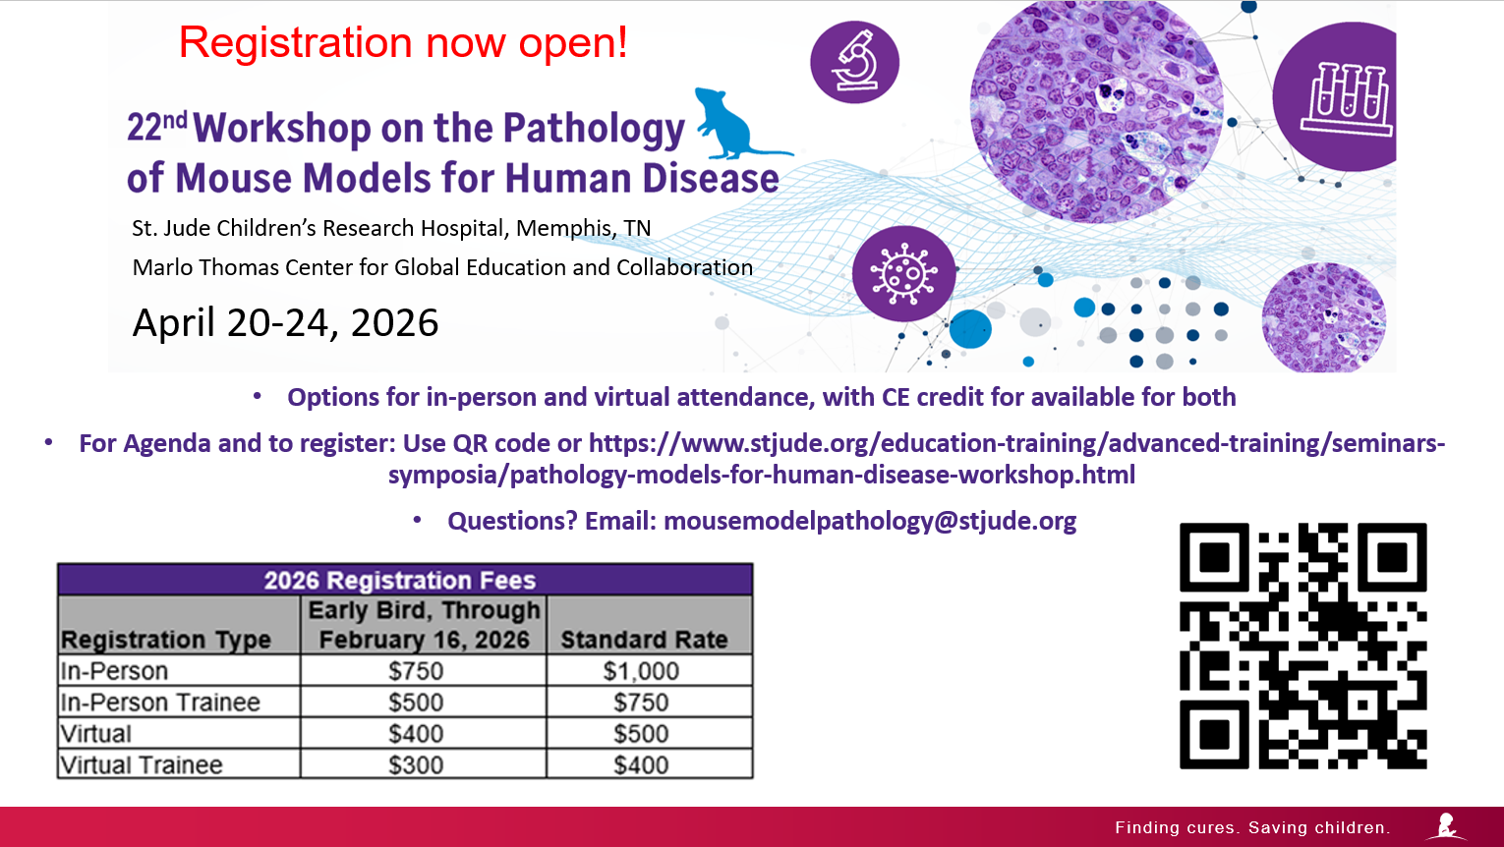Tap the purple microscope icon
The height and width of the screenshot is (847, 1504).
pyautogui.click(x=855, y=62)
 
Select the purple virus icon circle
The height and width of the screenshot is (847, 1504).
pyautogui.click(x=903, y=274)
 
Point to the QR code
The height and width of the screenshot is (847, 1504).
pyautogui.click(x=1303, y=646)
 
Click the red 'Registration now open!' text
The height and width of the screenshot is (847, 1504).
pyautogui.click(x=403, y=42)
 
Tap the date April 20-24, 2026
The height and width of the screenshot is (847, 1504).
pyautogui.click(x=285, y=323)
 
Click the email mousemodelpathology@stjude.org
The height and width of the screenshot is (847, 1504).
pyautogui.click(x=870, y=521)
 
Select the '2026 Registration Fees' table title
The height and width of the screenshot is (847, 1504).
pyautogui.click(x=400, y=580)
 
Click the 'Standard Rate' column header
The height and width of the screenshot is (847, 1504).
pyautogui.click(x=644, y=640)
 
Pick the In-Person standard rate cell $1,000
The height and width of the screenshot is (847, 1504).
pyautogui.click(x=641, y=671)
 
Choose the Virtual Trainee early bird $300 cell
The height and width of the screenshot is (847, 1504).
pyautogui.click(x=416, y=765)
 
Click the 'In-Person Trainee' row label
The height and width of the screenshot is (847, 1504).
pyautogui.click(x=160, y=702)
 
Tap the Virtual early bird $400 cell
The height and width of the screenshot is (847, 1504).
pyautogui.click(x=416, y=734)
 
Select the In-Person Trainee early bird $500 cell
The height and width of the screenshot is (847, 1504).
pyautogui.click(x=416, y=702)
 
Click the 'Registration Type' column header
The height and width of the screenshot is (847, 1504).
pyautogui.click(x=166, y=640)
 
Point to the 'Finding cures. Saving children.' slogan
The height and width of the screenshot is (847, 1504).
pyautogui.click(x=1253, y=827)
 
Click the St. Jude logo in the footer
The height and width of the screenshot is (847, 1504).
pyautogui.click(x=1446, y=826)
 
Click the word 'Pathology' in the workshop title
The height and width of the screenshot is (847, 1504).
pyautogui.click(x=594, y=129)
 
